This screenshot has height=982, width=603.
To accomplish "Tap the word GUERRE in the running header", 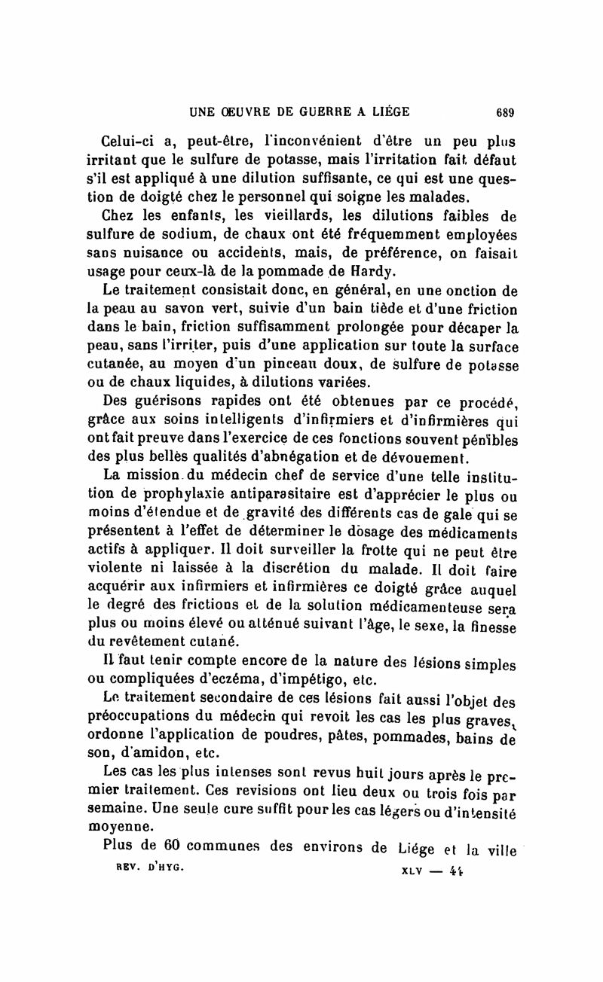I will pos(319,113).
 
